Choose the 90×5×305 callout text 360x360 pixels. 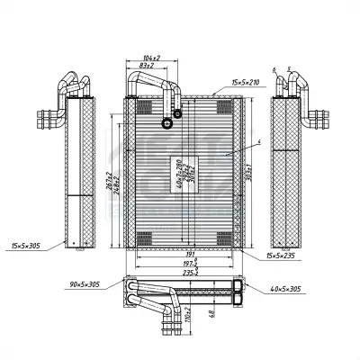(94, 286)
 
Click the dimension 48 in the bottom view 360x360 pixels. (211, 315)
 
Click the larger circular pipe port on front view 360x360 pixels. (166, 123)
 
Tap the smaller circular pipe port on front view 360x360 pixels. (178, 113)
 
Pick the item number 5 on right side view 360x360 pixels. (287, 69)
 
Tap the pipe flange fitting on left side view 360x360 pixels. (46, 117)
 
